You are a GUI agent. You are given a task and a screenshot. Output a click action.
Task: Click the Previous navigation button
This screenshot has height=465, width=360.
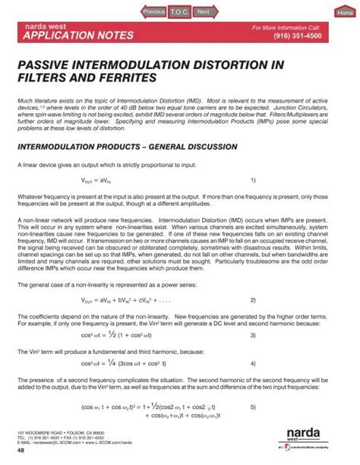tap(153, 11)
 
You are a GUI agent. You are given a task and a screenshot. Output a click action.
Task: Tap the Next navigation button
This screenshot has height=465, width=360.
tap(203, 11)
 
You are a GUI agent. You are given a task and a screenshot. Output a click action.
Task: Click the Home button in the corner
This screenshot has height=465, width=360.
tap(345, 13)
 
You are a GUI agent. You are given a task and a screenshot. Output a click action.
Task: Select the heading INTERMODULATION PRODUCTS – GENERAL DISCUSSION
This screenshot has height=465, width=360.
tap(127, 145)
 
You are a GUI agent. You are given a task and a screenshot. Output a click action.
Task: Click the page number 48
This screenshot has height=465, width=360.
tap(21, 449)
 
